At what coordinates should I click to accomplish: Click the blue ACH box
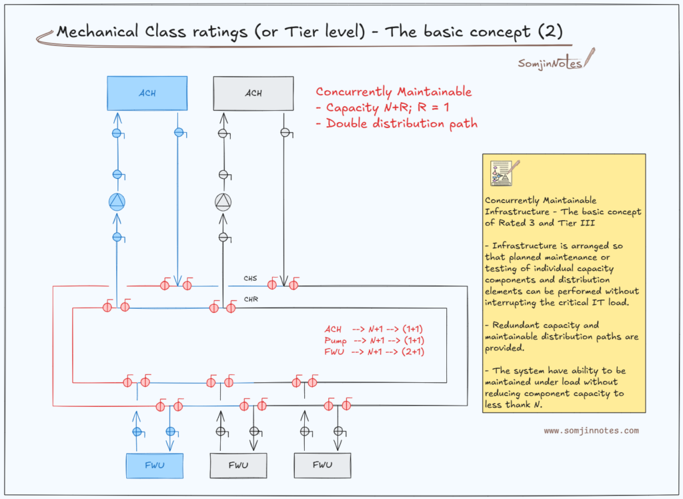147,93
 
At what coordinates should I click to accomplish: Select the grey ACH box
253,93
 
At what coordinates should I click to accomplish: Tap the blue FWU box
155,466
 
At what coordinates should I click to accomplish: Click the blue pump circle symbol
117,201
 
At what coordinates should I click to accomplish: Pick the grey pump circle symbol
223,201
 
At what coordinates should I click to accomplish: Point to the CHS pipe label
251,278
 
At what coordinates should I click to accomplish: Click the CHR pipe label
251,300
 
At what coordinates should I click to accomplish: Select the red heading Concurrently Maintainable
394,92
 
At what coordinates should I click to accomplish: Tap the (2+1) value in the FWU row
413,352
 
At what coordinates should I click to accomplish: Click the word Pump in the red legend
335,341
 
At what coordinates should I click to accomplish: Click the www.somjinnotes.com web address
591,430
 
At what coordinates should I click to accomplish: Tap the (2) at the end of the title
550,31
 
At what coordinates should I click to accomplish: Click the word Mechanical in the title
97,32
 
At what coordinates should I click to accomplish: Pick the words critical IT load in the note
593,302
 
